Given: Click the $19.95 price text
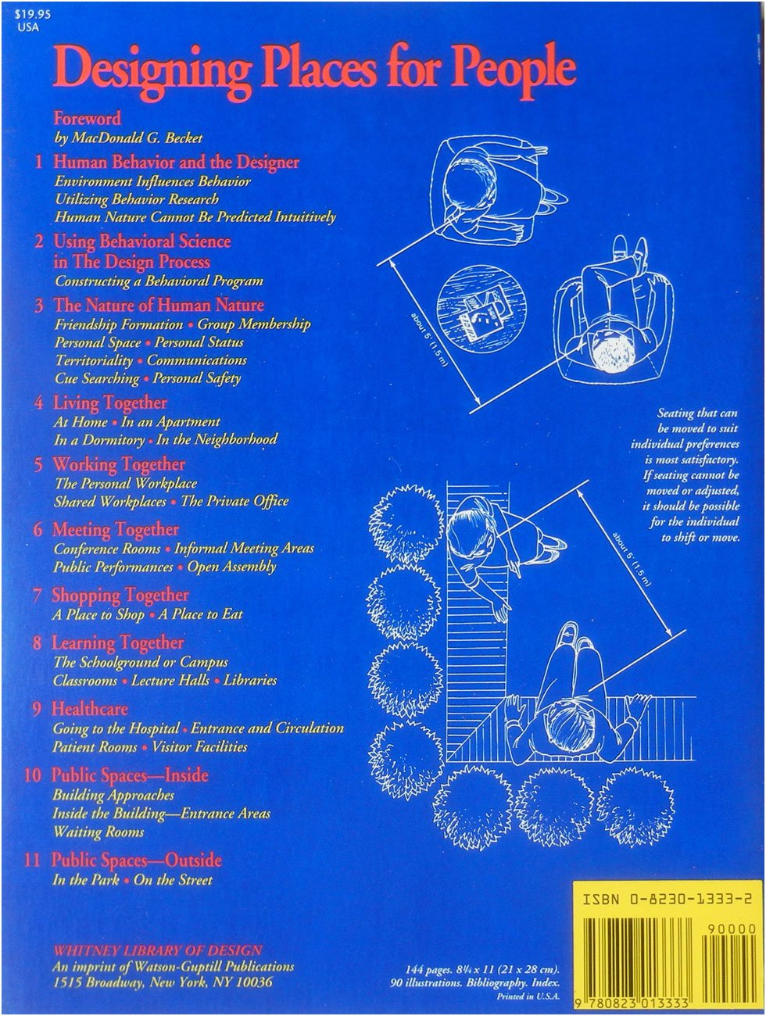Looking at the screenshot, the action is (32, 14).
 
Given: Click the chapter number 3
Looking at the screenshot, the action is (39, 306).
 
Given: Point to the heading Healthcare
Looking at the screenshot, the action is (89, 709).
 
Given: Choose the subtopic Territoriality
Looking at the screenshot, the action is (94, 360).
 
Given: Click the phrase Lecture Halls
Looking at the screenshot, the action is (170, 681).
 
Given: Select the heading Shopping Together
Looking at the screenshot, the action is (120, 596).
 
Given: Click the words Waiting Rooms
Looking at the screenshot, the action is (98, 832).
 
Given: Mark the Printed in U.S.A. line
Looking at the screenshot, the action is (528, 996).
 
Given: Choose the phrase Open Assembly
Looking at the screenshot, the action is (231, 567).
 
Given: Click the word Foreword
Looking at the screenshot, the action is (88, 119).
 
